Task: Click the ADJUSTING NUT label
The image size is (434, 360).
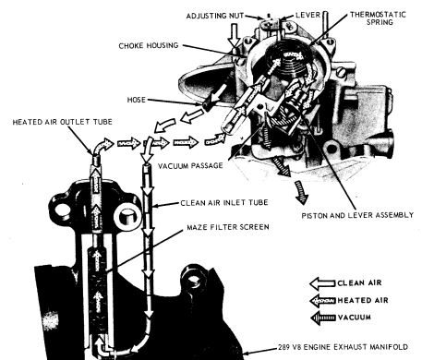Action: [x=214, y=16]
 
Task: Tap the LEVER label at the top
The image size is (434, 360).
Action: [x=308, y=15]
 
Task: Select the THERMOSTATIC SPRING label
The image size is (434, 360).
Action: [x=378, y=18]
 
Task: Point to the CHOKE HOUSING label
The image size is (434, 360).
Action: [x=149, y=45]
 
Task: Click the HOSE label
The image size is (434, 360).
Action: [x=136, y=100]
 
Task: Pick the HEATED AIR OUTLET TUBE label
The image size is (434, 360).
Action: [x=62, y=122]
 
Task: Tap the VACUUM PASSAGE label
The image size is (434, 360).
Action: [x=190, y=165]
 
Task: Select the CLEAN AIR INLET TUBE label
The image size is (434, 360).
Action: [x=224, y=203]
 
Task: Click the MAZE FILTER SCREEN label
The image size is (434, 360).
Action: [x=228, y=227]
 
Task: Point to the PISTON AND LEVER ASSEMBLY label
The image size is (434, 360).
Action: [x=357, y=215]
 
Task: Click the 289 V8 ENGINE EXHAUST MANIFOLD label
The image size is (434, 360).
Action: [x=343, y=347]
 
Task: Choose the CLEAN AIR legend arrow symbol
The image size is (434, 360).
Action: [x=322, y=283]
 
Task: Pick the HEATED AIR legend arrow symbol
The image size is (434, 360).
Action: [x=322, y=301]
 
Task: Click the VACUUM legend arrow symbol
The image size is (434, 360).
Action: [x=322, y=318]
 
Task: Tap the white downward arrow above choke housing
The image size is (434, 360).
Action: [x=235, y=34]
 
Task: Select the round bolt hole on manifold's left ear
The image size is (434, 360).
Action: [x=62, y=210]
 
